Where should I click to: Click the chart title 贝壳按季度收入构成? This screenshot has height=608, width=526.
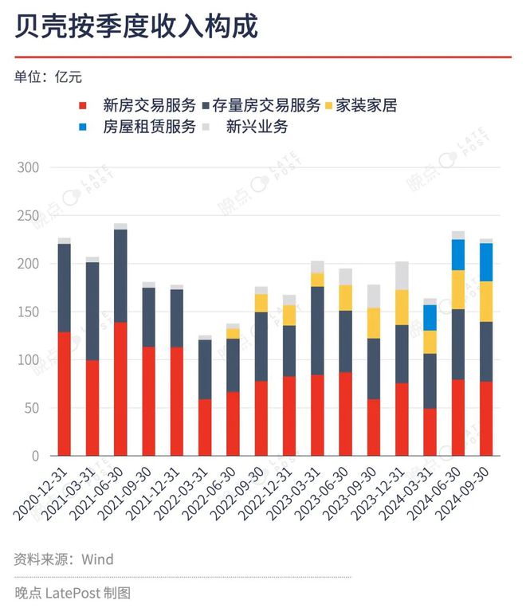click(136, 27)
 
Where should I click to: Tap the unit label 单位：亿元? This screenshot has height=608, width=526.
click(48, 77)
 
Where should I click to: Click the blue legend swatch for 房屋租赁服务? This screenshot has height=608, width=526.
click(83, 127)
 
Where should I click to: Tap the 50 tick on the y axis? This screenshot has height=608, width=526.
click(32, 409)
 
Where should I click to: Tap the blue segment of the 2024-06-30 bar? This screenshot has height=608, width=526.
click(458, 255)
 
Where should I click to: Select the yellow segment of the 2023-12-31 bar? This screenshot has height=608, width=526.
click(402, 307)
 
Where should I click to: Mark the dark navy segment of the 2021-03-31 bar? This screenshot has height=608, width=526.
click(92, 311)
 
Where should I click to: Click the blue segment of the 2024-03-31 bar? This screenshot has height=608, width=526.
click(430, 317)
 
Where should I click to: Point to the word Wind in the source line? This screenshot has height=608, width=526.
click(97, 559)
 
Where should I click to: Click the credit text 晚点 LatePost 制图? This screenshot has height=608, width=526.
click(73, 593)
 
